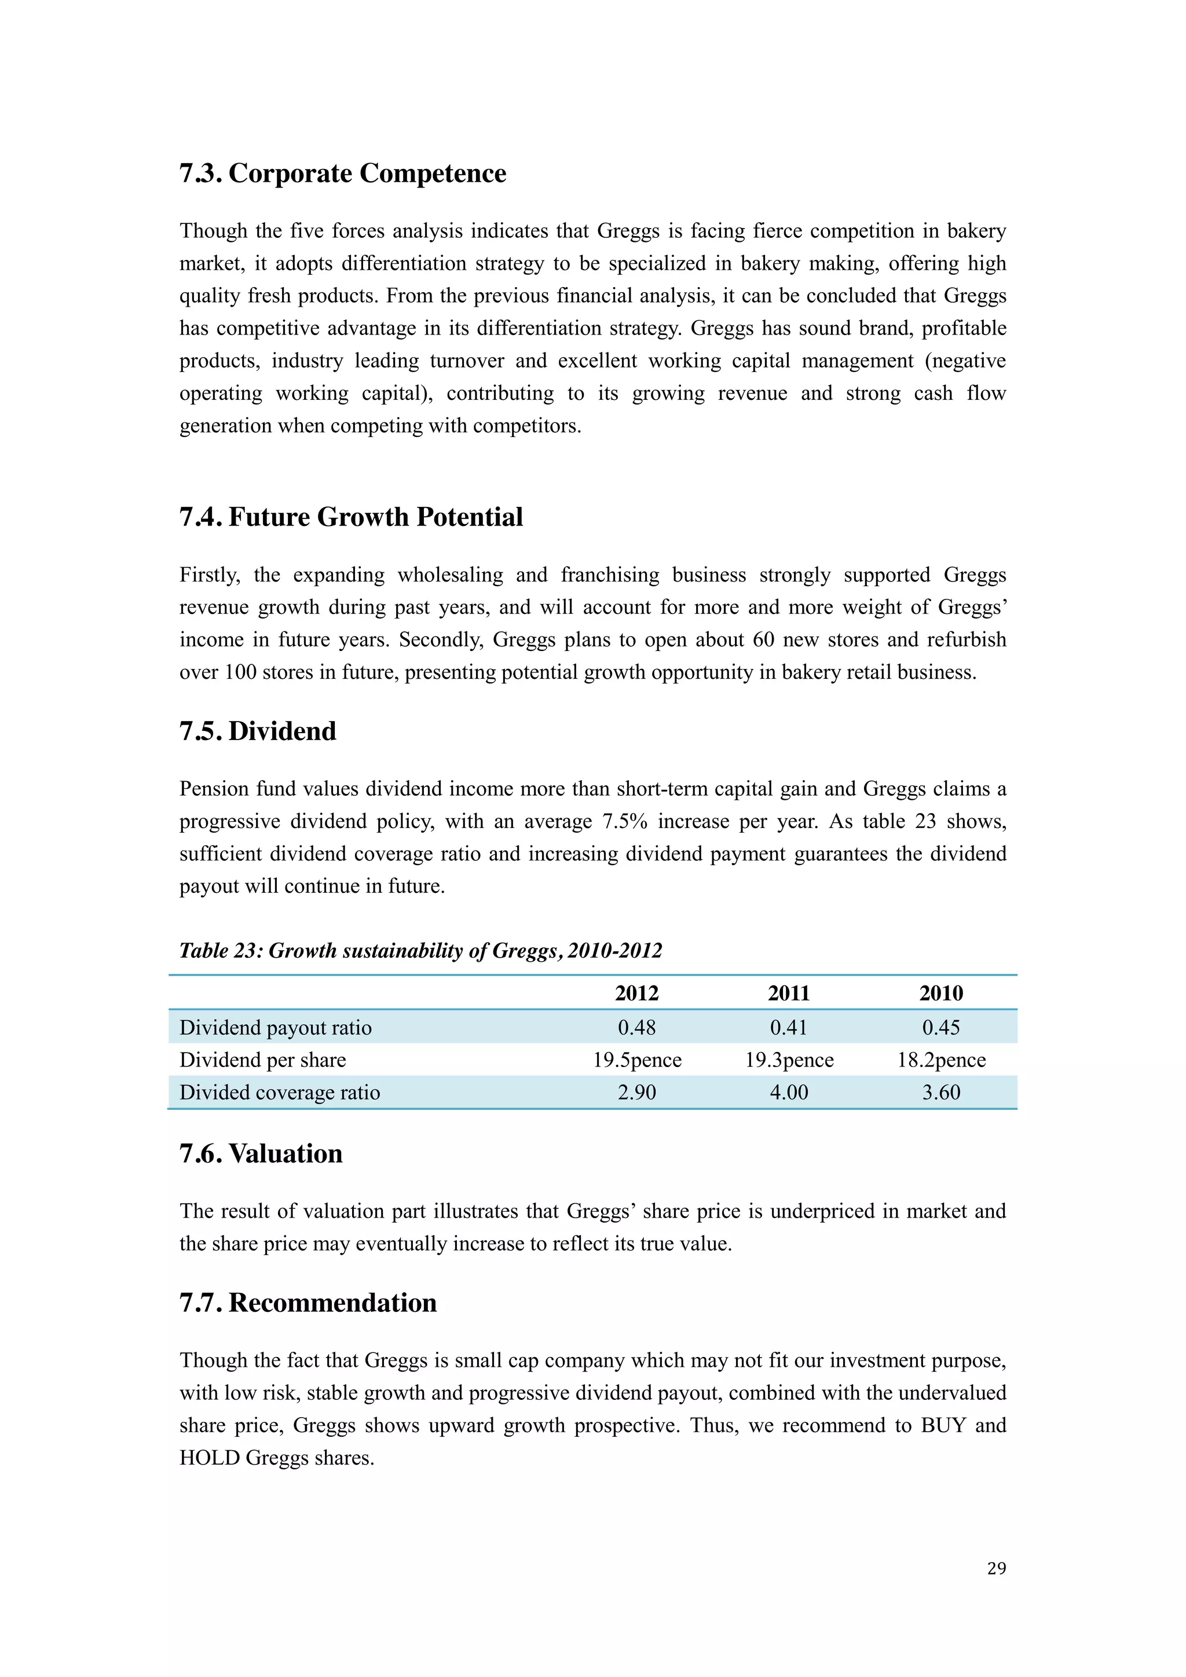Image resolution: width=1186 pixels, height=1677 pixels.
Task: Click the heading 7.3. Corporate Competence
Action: tap(343, 174)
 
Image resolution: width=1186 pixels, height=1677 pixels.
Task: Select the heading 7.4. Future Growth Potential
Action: tap(351, 517)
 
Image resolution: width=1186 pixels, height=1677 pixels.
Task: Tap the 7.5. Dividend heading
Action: tap(258, 731)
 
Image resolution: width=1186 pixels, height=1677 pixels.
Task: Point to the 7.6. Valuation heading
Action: tap(261, 1153)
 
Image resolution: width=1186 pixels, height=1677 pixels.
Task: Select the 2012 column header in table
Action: tap(636, 994)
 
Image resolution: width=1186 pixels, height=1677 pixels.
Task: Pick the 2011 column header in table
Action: tap(789, 994)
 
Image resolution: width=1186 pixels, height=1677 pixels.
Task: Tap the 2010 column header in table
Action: tap(940, 994)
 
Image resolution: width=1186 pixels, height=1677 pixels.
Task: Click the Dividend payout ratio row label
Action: tap(276, 1028)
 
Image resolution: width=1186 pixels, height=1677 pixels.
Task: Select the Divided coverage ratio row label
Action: tap(280, 1092)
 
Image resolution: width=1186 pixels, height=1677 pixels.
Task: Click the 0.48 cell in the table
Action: tap(636, 1028)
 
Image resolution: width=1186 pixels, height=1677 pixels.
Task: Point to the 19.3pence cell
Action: tap(789, 1060)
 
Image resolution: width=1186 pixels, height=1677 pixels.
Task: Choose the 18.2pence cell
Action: tap(940, 1060)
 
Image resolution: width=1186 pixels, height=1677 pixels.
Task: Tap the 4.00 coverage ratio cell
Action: tap(789, 1092)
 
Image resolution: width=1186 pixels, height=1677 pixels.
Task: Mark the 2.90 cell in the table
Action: tap(636, 1092)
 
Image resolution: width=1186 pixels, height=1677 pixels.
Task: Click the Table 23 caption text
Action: tap(421, 951)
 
